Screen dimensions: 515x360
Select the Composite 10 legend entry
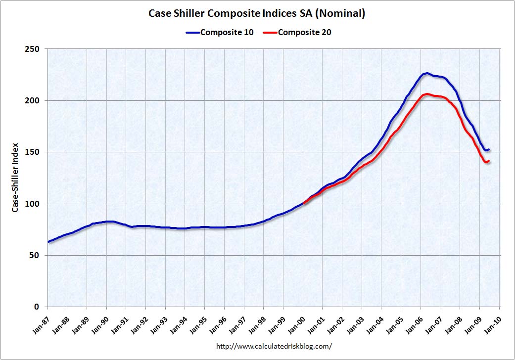[x=220, y=32]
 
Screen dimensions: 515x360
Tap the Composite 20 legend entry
[x=297, y=32]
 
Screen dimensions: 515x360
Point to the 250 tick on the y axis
[x=32, y=49]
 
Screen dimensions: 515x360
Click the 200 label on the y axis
[x=32, y=100]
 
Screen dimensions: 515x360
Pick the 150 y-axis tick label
[x=32, y=152]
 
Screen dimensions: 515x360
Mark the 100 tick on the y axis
[x=32, y=204]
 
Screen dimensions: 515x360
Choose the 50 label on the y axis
[x=34, y=255]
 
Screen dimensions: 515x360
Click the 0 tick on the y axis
[x=37, y=307]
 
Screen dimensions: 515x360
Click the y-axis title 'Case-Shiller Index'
[x=15, y=178]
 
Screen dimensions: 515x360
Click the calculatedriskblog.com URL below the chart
[x=274, y=346]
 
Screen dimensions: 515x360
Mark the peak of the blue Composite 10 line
[x=426, y=74]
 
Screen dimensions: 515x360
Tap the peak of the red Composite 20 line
[x=426, y=94]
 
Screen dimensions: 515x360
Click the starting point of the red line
[x=304, y=203]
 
